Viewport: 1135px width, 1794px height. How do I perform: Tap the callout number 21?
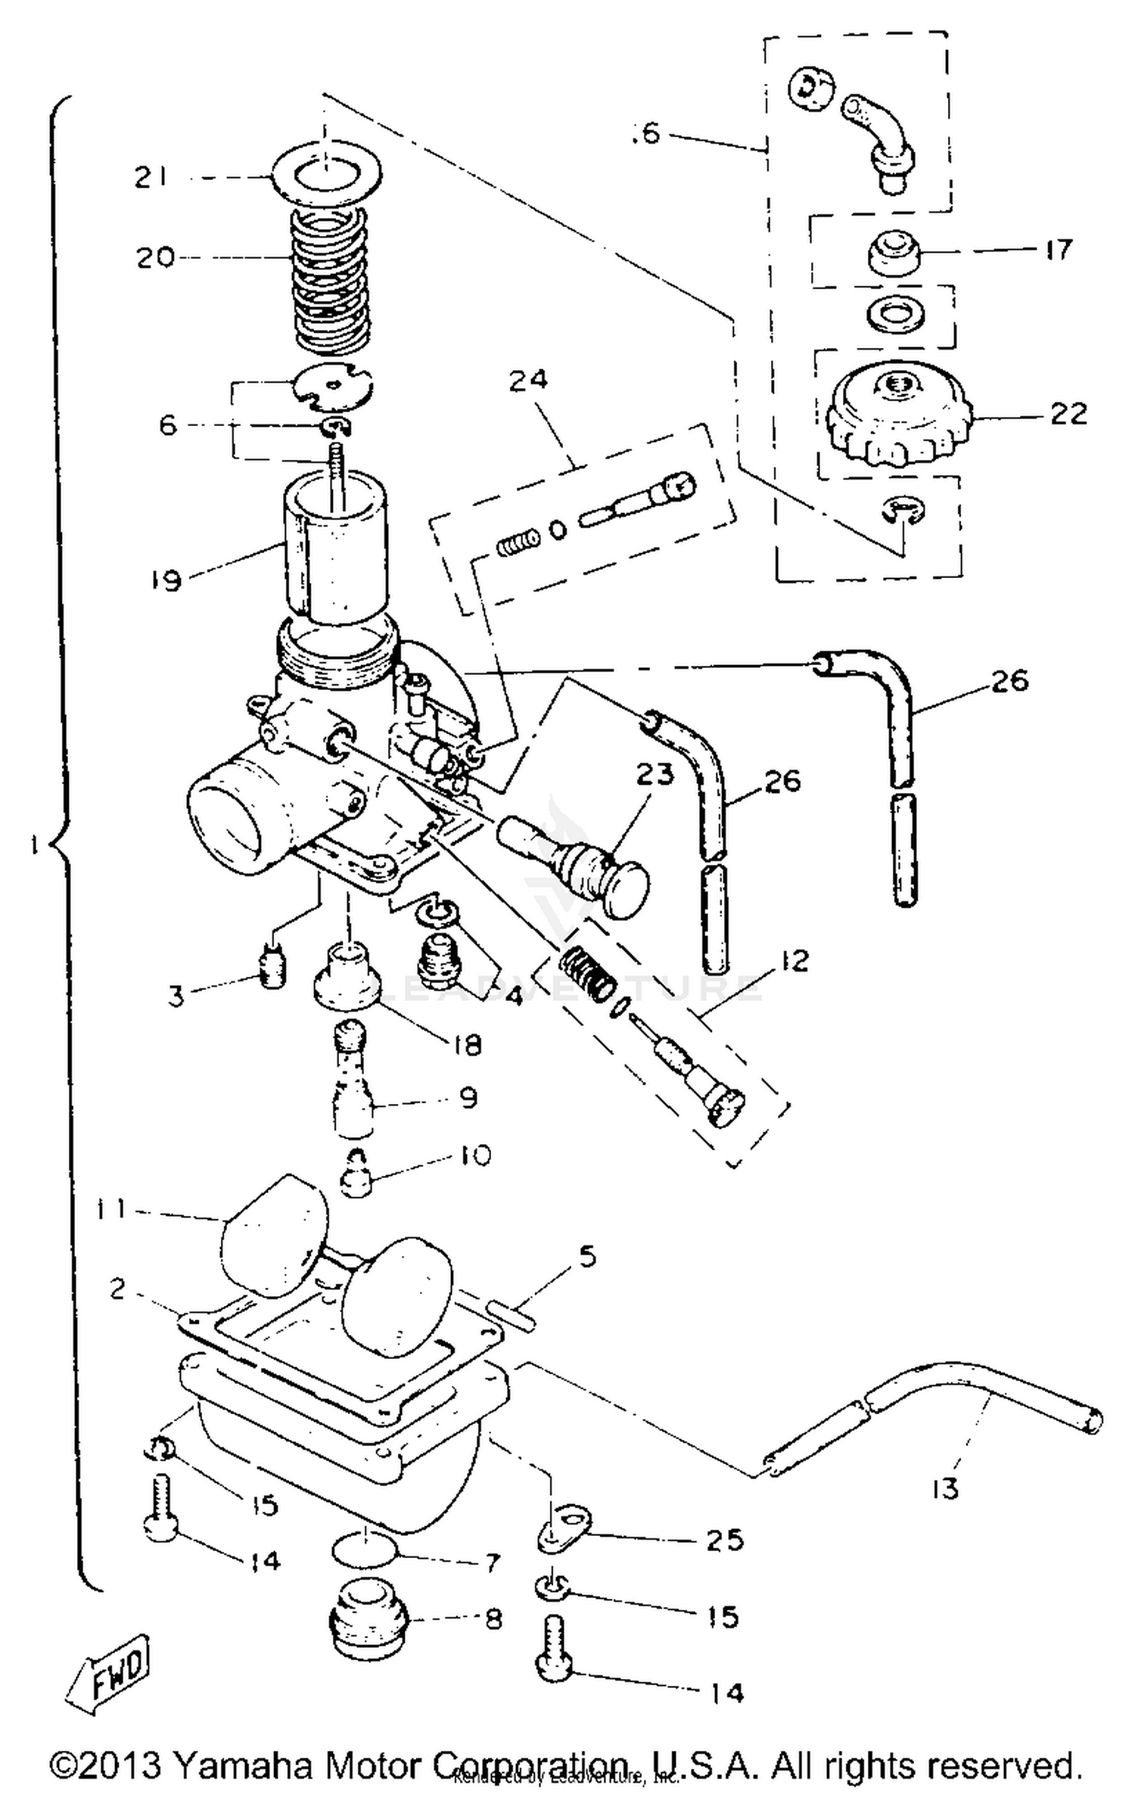tap(151, 178)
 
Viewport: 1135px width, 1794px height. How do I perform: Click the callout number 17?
tap(1058, 249)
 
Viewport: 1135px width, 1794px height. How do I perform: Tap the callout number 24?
tap(527, 379)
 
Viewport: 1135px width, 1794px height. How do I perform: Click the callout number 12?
tap(792, 961)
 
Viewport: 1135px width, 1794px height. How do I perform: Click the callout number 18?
tap(467, 1045)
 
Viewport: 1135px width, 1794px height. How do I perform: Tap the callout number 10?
tap(474, 1155)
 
